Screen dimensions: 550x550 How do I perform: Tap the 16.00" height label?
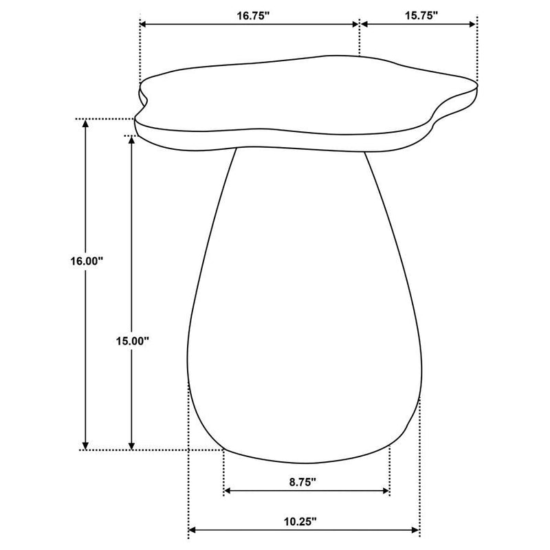86,261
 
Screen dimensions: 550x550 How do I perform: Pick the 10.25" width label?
303,522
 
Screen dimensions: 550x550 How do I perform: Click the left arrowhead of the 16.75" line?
144,25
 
